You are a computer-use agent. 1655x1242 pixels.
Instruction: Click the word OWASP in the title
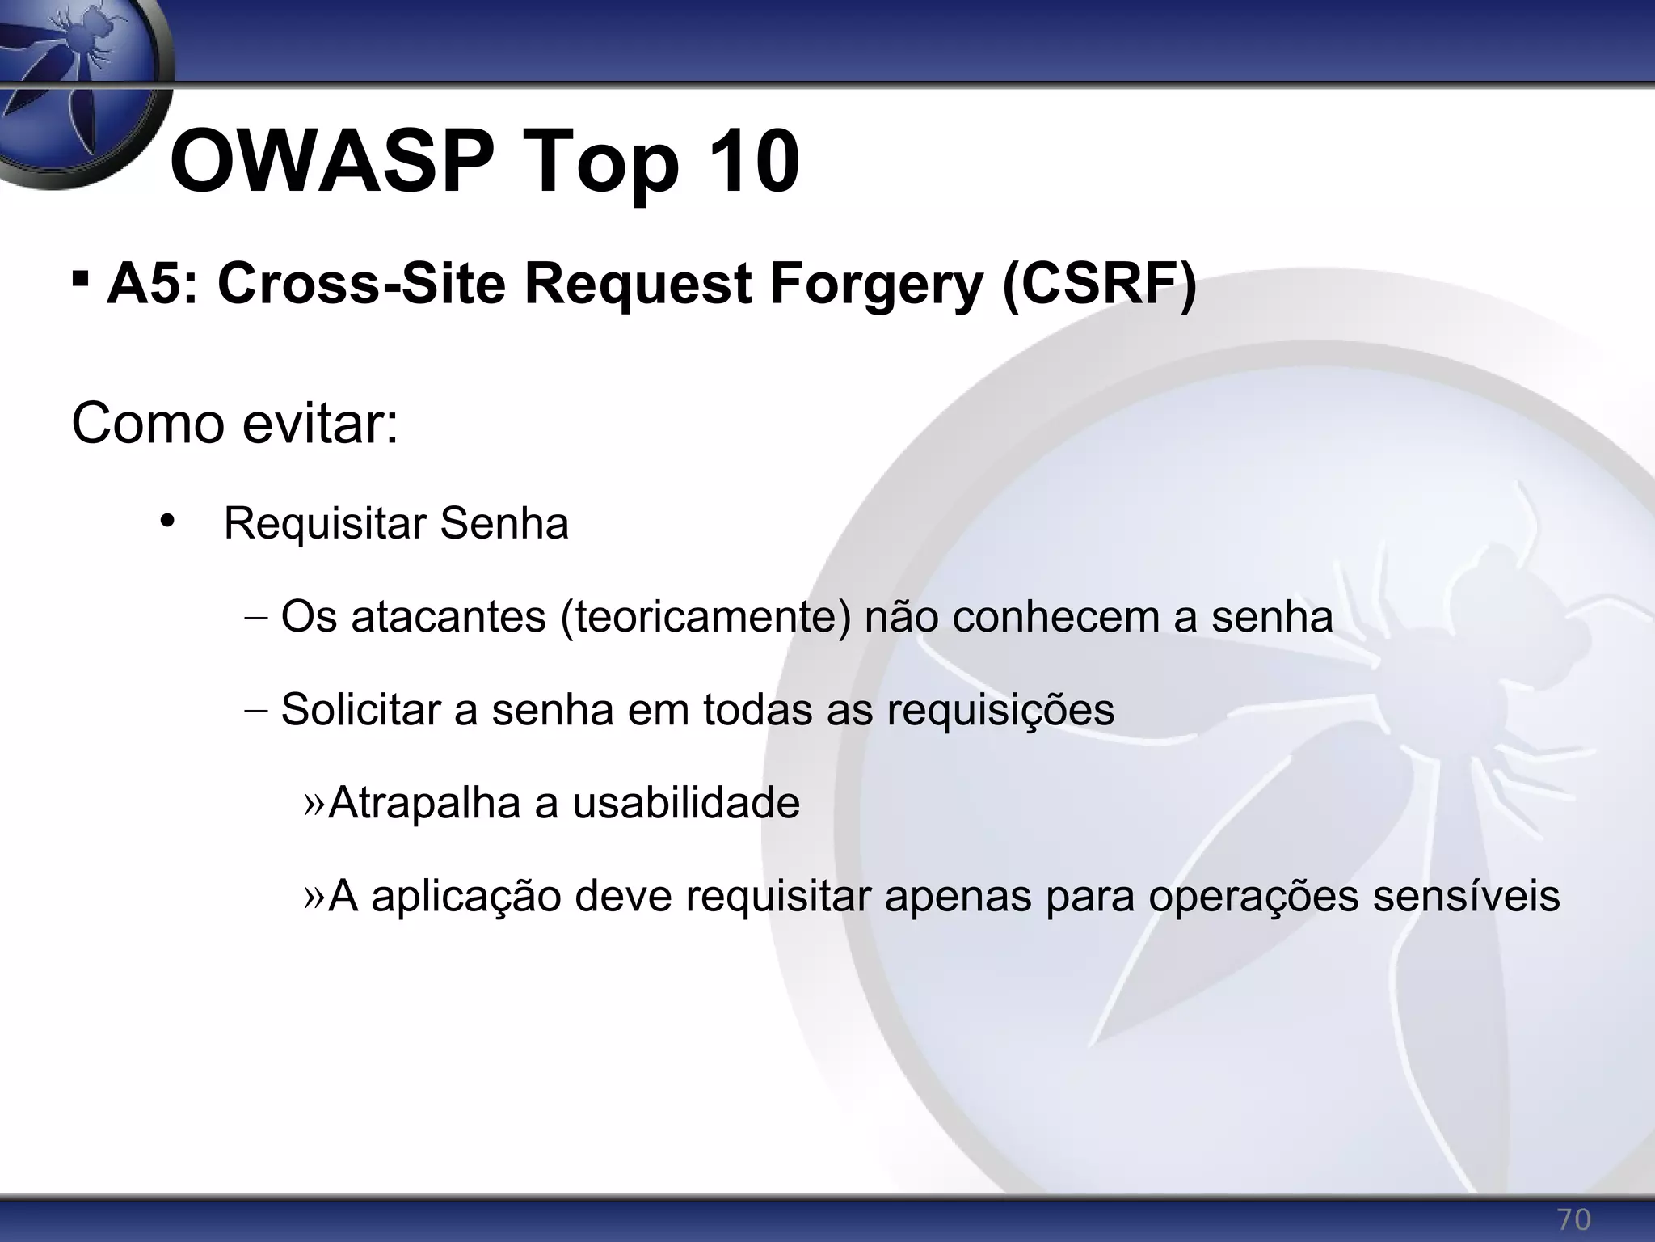click(332, 163)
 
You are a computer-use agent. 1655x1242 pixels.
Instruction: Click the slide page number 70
click(1573, 1219)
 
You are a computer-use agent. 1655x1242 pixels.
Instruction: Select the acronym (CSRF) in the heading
click(1099, 285)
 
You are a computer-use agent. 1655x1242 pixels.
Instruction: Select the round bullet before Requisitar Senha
click(167, 521)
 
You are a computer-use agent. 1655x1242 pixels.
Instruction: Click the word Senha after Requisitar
click(504, 523)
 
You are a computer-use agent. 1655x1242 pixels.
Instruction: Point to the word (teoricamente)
click(705, 618)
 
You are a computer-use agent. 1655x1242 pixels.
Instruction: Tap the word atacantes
click(448, 618)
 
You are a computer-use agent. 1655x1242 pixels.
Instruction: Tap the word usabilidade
click(686, 803)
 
